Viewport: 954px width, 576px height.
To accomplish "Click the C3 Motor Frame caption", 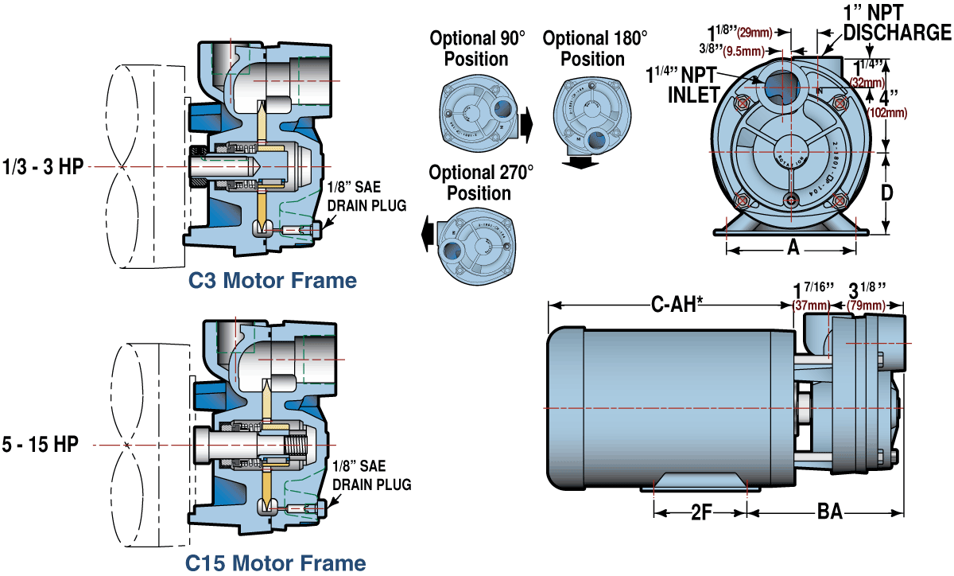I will coord(273,280).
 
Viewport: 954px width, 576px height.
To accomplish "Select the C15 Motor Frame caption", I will coord(276,563).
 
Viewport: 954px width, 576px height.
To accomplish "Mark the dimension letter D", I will coord(887,192).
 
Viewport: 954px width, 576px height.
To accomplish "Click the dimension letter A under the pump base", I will coord(792,248).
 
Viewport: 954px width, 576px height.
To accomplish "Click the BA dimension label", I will coord(829,512).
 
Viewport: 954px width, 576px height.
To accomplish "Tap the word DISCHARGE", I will coord(897,33).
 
